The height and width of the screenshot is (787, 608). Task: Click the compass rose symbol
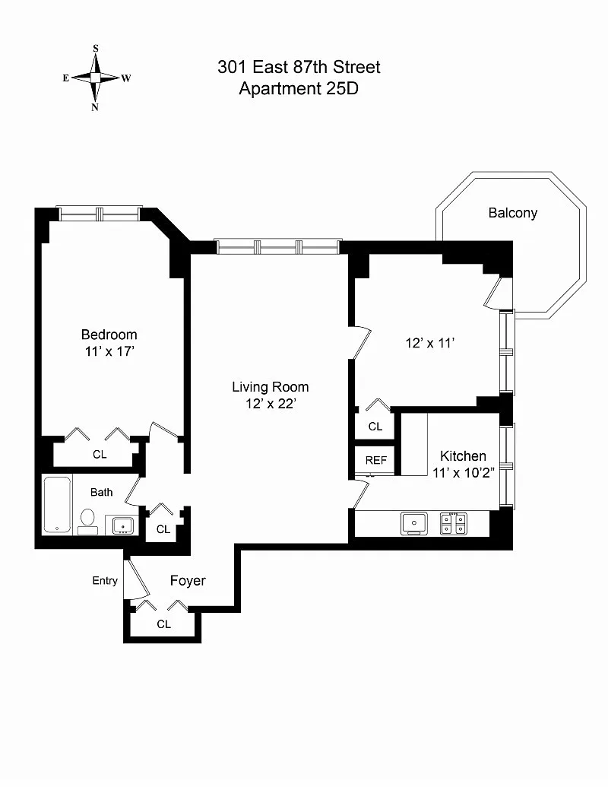(96, 78)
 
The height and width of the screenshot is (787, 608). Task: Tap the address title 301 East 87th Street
(299, 67)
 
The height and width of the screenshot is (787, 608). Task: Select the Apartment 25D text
(299, 88)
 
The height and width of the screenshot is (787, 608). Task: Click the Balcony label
(512, 213)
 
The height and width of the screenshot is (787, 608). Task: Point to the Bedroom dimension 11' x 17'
(109, 351)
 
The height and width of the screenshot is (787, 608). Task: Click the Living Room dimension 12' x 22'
(270, 404)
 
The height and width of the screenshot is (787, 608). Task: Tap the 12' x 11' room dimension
(429, 343)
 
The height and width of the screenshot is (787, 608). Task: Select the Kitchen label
(463, 455)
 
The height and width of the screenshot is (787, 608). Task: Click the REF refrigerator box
(375, 460)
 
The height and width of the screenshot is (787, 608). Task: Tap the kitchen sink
(413, 523)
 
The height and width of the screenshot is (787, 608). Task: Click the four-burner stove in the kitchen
(454, 523)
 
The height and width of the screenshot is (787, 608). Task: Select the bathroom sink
(121, 525)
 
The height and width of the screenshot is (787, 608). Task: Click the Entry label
(105, 581)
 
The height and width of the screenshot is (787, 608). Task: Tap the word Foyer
(187, 581)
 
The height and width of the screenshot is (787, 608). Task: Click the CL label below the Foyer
(163, 624)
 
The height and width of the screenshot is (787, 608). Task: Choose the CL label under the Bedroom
(100, 454)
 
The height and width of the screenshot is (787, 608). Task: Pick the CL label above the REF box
(375, 427)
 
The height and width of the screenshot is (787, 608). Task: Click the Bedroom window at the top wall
(100, 214)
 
